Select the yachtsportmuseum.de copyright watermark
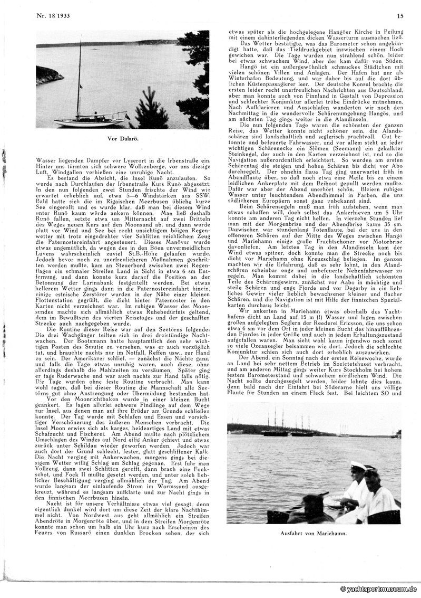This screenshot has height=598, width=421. (x=378, y=588)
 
